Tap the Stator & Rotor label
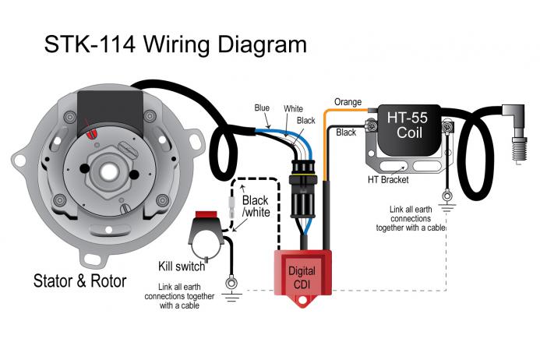pyautogui.click(x=80, y=281)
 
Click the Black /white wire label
pyautogui.click(x=255, y=206)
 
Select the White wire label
pyautogui.click(x=293, y=109)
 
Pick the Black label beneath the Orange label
pyautogui.click(x=346, y=133)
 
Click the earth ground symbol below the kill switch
pyautogui.click(x=231, y=294)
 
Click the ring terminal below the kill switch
pyautogui.click(x=231, y=282)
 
